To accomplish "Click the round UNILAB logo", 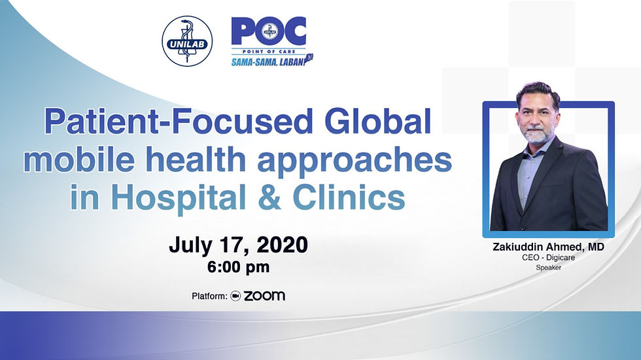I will click(x=187, y=41).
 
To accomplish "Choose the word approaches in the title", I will click(x=376, y=160).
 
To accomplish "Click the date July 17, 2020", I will click(x=238, y=245).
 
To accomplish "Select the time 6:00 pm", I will click(x=238, y=267).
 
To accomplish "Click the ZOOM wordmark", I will click(x=264, y=296).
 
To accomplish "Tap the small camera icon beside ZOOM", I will click(x=236, y=296).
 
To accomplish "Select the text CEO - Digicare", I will click(x=548, y=258).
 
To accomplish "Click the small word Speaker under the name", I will click(x=548, y=268).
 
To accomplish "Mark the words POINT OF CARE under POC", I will click(x=269, y=51).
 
